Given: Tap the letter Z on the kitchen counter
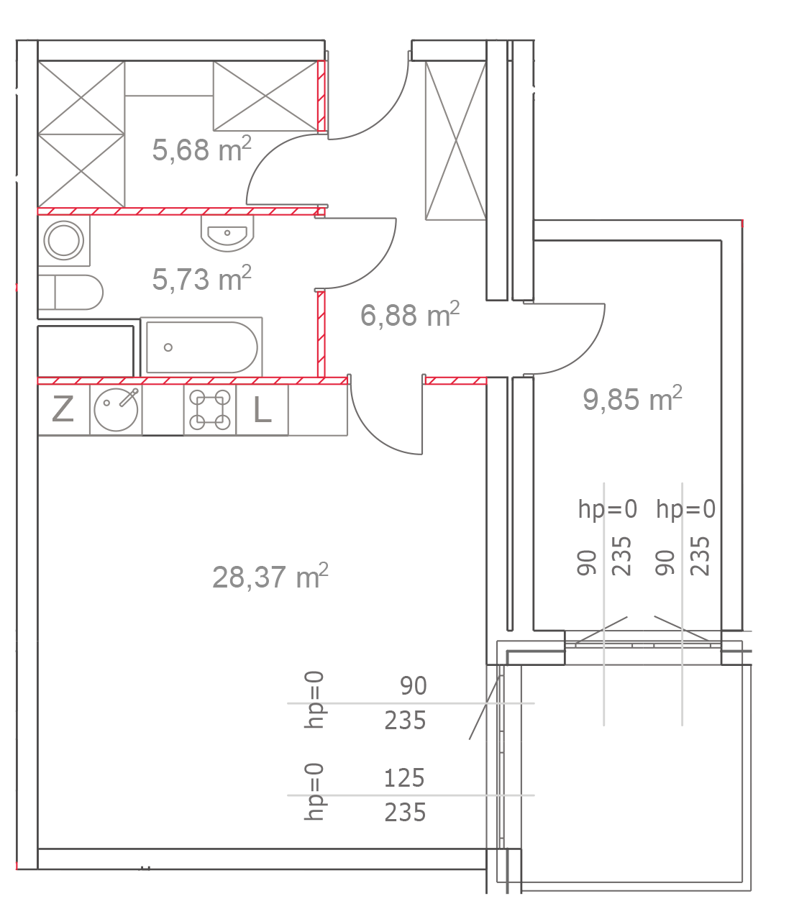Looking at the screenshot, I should (x=63, y=410).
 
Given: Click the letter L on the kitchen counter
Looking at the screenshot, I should (x=263, y=410).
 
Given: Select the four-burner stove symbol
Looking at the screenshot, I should (x=210, y=410).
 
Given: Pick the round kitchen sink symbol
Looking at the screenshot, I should (x=116, y=410).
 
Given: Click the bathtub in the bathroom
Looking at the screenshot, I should (x=201, y=347).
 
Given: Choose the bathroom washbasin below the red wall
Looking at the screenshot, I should (x=227, y=234).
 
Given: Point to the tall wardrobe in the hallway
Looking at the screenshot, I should (x=455, y=140).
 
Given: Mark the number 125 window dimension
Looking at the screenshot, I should (x=404, y=778).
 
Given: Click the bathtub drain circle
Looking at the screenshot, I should (x=168, y=347).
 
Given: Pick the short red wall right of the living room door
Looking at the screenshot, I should (x=455, y=380).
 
